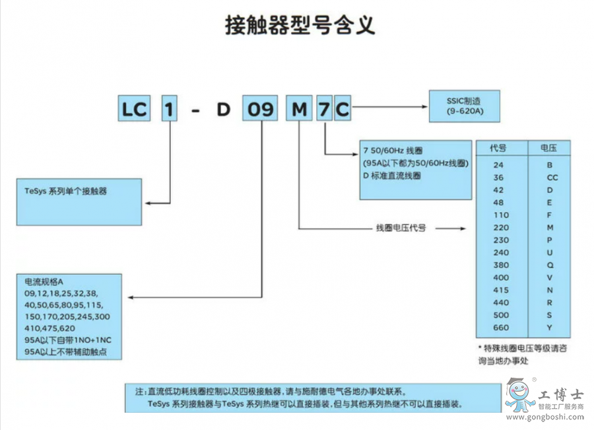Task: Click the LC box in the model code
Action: click(135, 109)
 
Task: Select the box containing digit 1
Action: click(171, 109)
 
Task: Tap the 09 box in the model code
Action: click(259, 109)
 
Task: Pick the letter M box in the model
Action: click(299, 109)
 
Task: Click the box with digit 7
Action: click(323, 109)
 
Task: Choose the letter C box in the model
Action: click(342, 109)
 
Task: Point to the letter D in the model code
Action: click(224, 109)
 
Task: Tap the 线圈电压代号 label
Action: click(401, 229)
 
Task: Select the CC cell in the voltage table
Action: click(548, 177)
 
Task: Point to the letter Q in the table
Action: click(548, 265)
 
